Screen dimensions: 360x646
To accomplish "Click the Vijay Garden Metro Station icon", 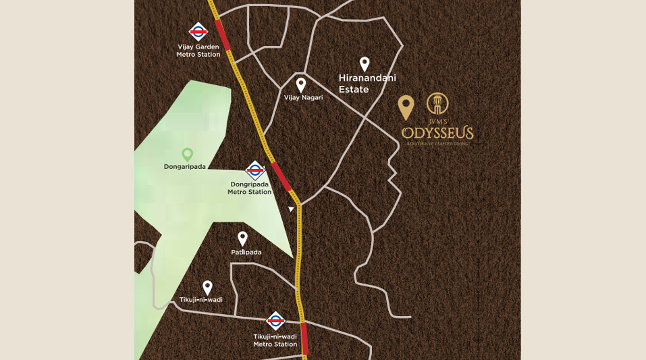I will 198,31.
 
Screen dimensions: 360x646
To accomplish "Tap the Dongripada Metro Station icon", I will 254,170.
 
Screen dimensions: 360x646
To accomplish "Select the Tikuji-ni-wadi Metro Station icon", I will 275,321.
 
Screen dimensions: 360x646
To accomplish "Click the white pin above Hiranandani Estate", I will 365,63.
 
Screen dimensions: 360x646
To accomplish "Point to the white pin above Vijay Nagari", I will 301,84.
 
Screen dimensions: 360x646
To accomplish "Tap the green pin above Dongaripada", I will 188,155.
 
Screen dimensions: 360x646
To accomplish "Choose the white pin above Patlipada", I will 243,238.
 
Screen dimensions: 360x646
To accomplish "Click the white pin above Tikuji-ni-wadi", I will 207,287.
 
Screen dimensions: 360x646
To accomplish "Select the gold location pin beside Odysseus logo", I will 406,107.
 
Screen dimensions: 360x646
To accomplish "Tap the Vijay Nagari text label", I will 303,97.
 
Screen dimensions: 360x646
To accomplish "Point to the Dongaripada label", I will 185,166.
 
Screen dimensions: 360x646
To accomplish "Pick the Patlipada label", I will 246,252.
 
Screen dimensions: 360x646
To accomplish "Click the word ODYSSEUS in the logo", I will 437,132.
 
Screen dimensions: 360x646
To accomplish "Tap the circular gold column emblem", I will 437,103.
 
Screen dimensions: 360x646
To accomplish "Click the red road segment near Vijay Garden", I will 223,34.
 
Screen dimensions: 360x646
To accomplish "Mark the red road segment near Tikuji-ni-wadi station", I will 304,339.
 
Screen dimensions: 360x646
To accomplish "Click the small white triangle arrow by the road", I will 291,209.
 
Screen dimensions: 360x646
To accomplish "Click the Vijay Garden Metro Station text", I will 198,51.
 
